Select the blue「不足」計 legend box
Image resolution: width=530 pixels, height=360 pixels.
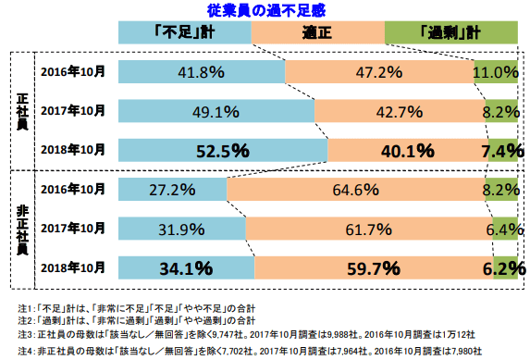(x=185, y=31)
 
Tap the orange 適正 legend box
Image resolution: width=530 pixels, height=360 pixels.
(x=316, y=31)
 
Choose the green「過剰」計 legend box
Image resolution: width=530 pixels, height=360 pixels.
(x=450, y=31)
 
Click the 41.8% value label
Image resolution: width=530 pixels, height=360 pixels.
(x=202, y=71)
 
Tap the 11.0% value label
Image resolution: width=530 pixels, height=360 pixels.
(x=495, y=71)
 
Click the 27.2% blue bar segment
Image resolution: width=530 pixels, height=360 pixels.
(x=173, y=190)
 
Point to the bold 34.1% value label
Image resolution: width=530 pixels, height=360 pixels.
(x=186, y=268)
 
